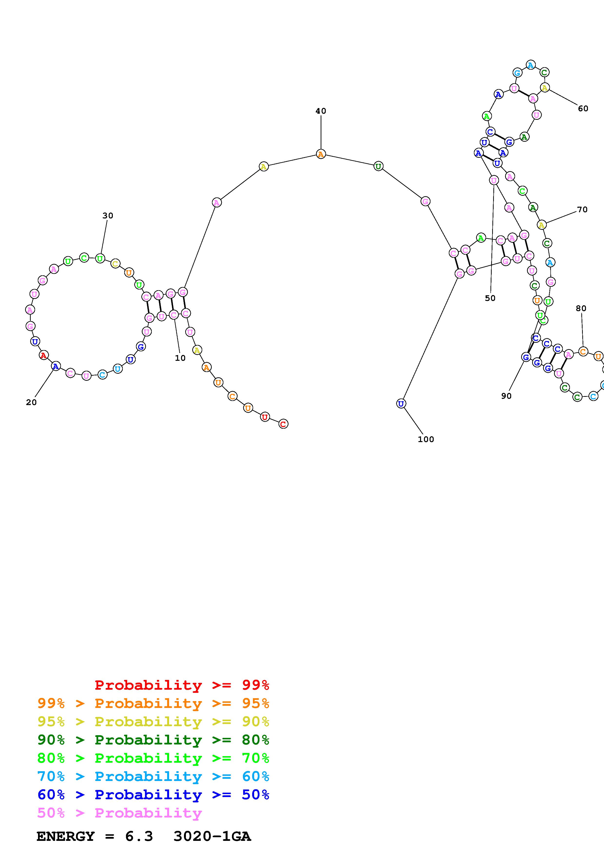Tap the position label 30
(107, 215)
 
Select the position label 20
(31, 402)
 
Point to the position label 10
(180, 358)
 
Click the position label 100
(426, 439)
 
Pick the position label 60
(583, 108)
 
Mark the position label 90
(506, 396)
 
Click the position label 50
(490, 298)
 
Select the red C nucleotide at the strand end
(283, 424)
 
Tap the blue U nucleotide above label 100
(401, 404)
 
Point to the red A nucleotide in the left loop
(44, 356)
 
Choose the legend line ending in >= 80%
(153, 740)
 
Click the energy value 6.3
(139, 836)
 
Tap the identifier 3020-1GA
(212, 836)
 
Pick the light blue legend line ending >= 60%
(153, 776)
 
